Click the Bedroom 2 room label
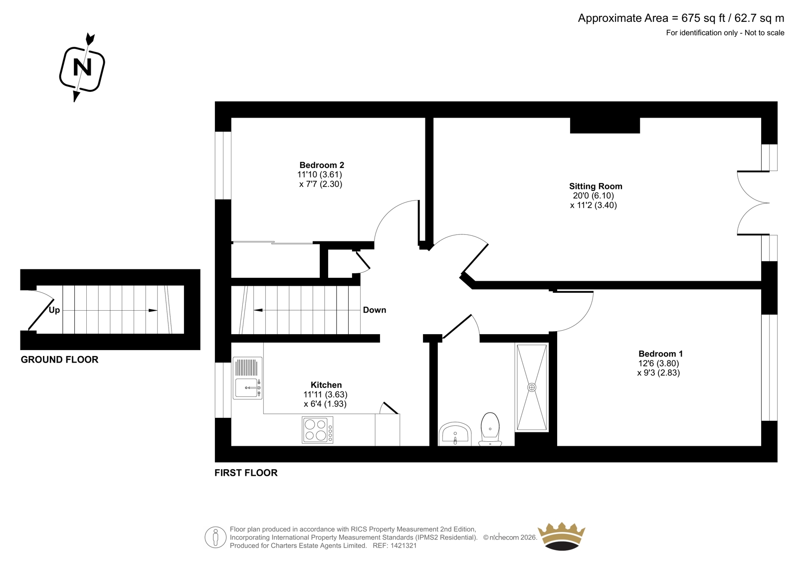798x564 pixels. pos(322,165)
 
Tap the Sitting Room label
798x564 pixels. pos(596,186)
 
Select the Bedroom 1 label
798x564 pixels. pos(660,354)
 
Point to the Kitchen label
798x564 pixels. pos(326,385)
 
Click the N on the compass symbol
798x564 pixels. pos(82,67)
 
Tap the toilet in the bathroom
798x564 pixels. pos(490,429)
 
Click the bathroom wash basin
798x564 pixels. pos(455,434)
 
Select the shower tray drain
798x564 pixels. pos(532,387)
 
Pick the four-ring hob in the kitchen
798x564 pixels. pos(317,430)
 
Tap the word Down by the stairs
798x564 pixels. pos(375,310)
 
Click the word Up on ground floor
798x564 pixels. pos(54,310)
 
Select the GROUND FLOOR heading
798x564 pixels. pos(59,360)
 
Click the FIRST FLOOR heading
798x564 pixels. pos(246,473)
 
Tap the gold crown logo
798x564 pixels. pos(562,537)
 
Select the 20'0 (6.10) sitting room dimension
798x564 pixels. pos(594,195)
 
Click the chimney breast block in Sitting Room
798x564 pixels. pos(605,125)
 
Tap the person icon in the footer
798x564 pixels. pos(215,537)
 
